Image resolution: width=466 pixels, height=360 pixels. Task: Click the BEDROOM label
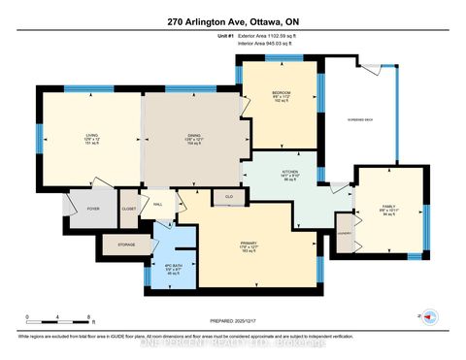point(280,93)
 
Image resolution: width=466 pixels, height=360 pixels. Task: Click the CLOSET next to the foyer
point(129,208)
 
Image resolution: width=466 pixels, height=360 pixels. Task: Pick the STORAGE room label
point(126,245)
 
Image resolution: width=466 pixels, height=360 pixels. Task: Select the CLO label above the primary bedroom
point(228,197)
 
